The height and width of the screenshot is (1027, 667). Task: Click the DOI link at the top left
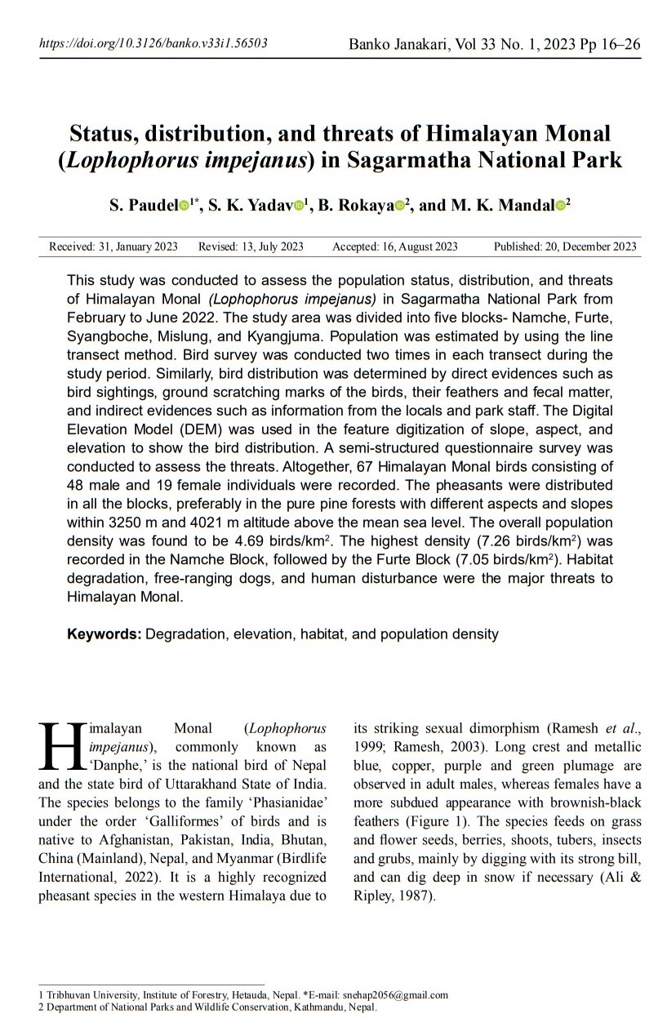(153, 43)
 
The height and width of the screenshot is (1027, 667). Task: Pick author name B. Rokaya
(358, 206)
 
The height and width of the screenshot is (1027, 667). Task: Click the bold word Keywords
(104, 634)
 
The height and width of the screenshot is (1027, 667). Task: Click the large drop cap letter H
(62, 745)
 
